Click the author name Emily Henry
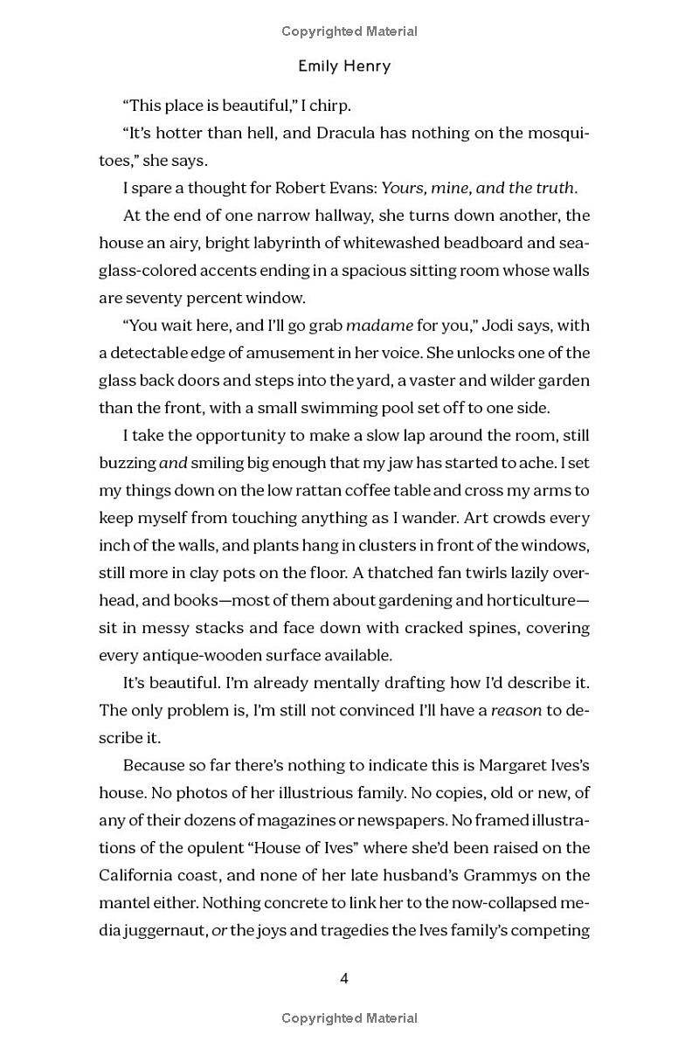pos(343,65)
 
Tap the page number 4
pos(344,978)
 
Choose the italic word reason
pos(516,710)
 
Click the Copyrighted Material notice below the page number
pos(349,1017)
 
